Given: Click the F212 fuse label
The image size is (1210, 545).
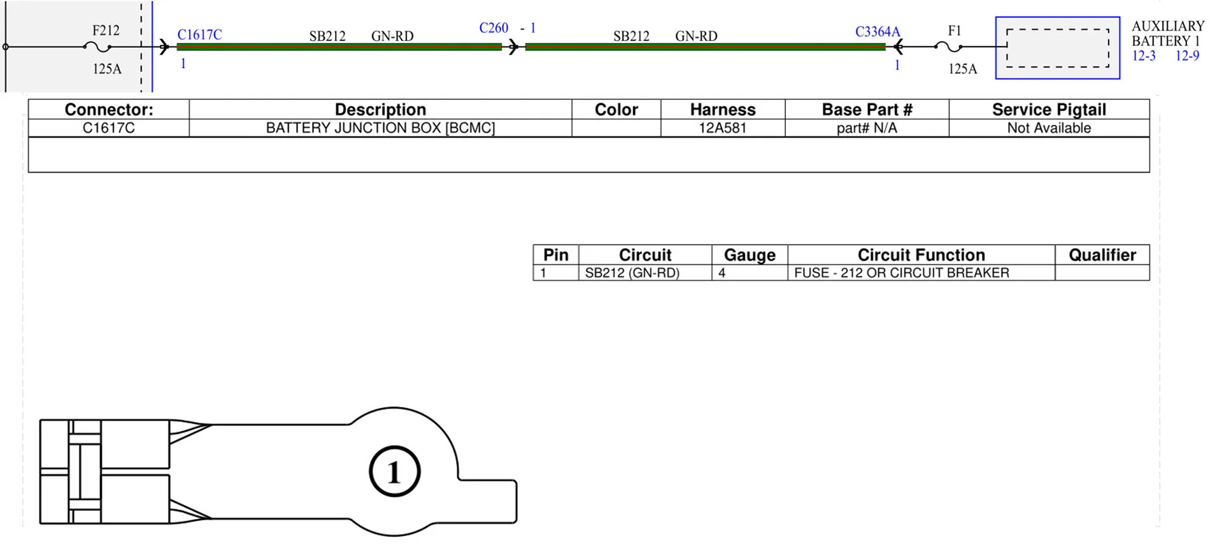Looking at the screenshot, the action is coord(106,31).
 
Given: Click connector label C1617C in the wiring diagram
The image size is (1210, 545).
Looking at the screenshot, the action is coord(199,34).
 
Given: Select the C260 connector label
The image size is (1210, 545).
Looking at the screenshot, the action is coord(494,28).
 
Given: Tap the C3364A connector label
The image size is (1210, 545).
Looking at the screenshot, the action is coord(878,32).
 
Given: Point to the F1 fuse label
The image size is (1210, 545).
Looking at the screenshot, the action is coord(954,31).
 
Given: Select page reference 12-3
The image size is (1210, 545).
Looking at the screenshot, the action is coord(1144,56).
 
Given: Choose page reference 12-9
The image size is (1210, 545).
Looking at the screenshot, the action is coord(1187,56).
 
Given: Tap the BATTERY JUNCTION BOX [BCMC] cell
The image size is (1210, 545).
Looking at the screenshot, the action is coord(380,128).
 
